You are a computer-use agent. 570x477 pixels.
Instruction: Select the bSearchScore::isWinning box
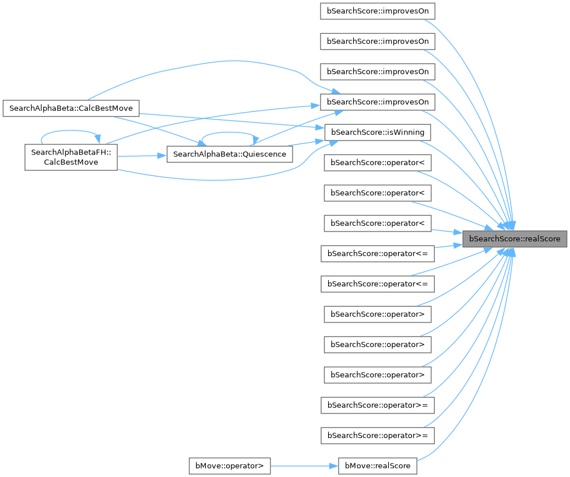pos(378,132)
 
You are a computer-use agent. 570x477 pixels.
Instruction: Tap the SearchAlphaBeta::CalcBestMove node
pos(71,108)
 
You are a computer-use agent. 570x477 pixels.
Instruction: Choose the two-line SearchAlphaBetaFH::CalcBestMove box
pos(71,156)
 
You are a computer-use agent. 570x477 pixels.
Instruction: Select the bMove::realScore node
pos(378,466)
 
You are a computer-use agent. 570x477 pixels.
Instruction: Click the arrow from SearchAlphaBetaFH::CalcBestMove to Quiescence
pos(140,156)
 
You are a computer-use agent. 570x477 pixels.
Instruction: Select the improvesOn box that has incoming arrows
pos(378,102)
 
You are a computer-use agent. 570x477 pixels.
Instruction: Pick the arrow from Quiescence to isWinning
pos(306,142)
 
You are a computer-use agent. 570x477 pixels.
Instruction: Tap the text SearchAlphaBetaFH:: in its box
pos(71,151)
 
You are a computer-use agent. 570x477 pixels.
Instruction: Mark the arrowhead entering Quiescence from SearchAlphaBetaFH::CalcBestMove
pos(163,156)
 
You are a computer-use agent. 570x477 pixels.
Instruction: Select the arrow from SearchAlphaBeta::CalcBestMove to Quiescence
pos(157,129)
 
